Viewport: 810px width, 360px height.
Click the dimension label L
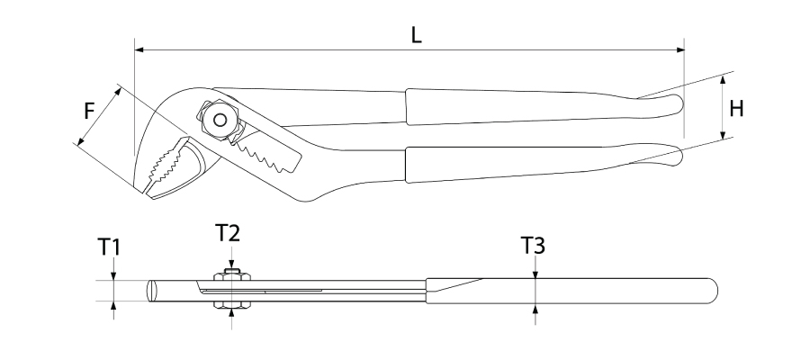tap(417, 34)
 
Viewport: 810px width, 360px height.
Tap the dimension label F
tap(90, 111)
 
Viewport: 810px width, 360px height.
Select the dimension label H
tap(736, 109)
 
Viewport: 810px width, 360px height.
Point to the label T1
tap(109, 247)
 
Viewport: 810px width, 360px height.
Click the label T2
tap(228, 233)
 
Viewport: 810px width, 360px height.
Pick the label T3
tap(533, 246)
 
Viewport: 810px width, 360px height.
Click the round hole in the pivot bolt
tap(220, 120)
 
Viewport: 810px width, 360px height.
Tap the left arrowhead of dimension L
tap(139, 50)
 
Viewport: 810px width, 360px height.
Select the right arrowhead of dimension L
tap(680, 50)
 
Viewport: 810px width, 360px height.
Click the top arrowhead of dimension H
tap(723, 79)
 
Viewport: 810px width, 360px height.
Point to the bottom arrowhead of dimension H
tap(723, 135)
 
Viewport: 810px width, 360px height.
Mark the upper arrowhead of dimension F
tap(118, 92)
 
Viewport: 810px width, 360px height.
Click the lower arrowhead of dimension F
tap(81, 141)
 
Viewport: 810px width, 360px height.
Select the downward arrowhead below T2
tap(231, 265)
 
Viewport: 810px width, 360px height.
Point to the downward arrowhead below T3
tap(535, 274)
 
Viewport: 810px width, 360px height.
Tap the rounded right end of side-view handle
tap(714, 291)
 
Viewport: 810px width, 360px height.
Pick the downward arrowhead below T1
tap(114, 276)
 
